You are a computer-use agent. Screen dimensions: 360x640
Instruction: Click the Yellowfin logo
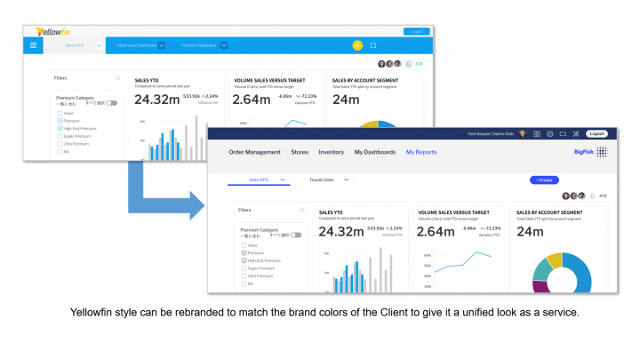(x=52, y=31)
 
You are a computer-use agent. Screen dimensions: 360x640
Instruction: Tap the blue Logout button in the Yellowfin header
(x=415, y=31)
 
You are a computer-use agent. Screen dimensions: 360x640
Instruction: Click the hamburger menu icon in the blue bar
(x=34, y=45)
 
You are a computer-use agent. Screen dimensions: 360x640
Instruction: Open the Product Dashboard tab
(x=200, y=45)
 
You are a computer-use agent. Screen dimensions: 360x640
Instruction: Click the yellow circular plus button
(x=357, y=45)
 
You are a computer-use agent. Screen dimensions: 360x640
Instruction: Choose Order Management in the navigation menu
(x=254, y=152)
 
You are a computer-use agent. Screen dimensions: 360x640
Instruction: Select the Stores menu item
(x=300, y=152)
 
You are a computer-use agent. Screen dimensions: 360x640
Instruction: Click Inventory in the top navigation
(x=331, y=152)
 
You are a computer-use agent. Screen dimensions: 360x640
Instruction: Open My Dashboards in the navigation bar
(x=374, y=152)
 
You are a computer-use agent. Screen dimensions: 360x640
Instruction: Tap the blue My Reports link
(x=421, y=152)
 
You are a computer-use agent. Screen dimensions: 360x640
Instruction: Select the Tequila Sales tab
(x=316, y=180)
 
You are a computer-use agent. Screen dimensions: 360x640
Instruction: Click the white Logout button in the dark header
(x=596, y=133)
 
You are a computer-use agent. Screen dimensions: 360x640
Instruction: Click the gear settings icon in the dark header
(x=549, y=133)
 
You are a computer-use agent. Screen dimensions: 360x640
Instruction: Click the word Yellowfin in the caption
(x=99, y=313)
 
